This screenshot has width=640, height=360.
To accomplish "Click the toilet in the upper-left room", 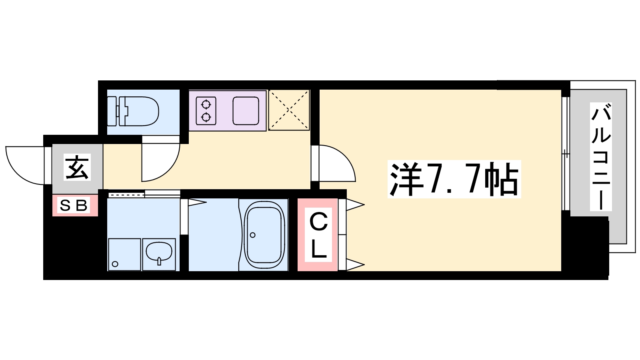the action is (133, 111).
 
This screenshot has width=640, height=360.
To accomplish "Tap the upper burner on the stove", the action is (206, 104).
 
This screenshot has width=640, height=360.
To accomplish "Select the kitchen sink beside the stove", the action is (246, 111).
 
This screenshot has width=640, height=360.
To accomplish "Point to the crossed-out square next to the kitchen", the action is (289, 110).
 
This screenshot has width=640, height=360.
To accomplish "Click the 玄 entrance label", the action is (77, 167).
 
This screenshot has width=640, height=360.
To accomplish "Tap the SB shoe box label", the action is (74, 205).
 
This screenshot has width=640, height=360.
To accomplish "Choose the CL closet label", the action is (318, 234).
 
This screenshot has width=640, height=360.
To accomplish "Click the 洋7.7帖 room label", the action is (454, 179).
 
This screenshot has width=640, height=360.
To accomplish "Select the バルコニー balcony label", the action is (601, 156).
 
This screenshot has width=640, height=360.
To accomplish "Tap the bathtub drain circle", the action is (252, 235).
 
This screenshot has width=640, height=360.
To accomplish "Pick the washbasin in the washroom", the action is (159, 254).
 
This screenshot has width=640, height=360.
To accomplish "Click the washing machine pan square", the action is (124, 254).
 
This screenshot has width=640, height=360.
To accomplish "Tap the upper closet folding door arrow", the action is (355, 204).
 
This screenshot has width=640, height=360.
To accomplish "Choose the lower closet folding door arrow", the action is (355, 264).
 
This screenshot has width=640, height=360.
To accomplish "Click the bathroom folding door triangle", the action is (197, 203).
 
